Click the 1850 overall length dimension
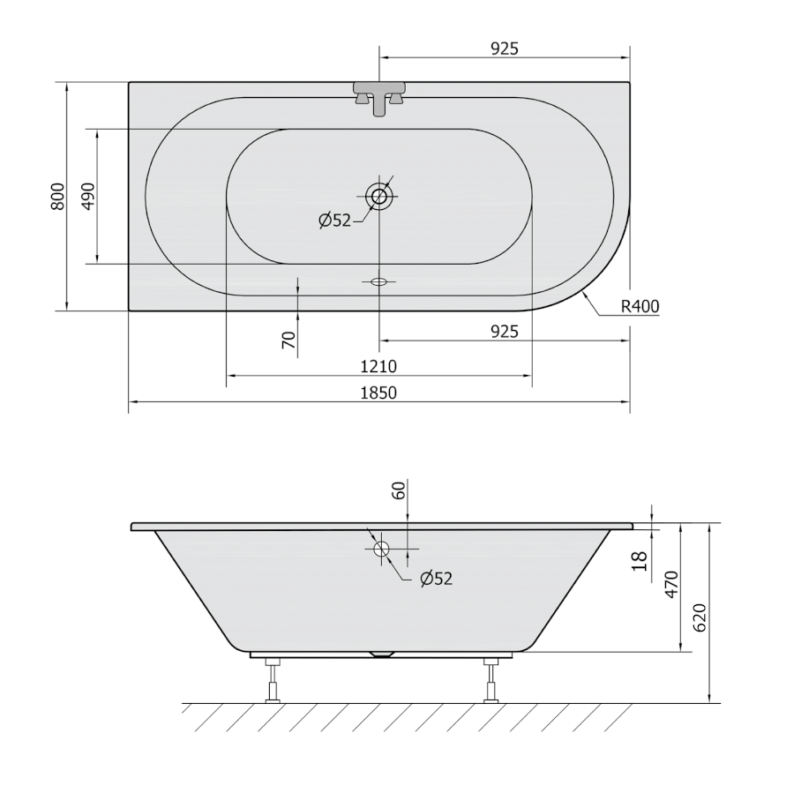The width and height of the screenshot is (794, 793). (378, 393)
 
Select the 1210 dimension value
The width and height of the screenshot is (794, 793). (378, 366)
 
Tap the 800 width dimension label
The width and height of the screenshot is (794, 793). (58, 197)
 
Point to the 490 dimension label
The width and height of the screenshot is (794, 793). (88, 197)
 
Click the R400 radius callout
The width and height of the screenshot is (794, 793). (640, 306)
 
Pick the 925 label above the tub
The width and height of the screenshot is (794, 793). (505, 49)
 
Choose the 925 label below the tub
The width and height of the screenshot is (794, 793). (505, 332)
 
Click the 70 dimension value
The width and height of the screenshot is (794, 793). (288, 340)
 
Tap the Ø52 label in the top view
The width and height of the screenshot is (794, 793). (334, 221)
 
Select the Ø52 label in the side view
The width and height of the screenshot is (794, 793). (437, 579)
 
